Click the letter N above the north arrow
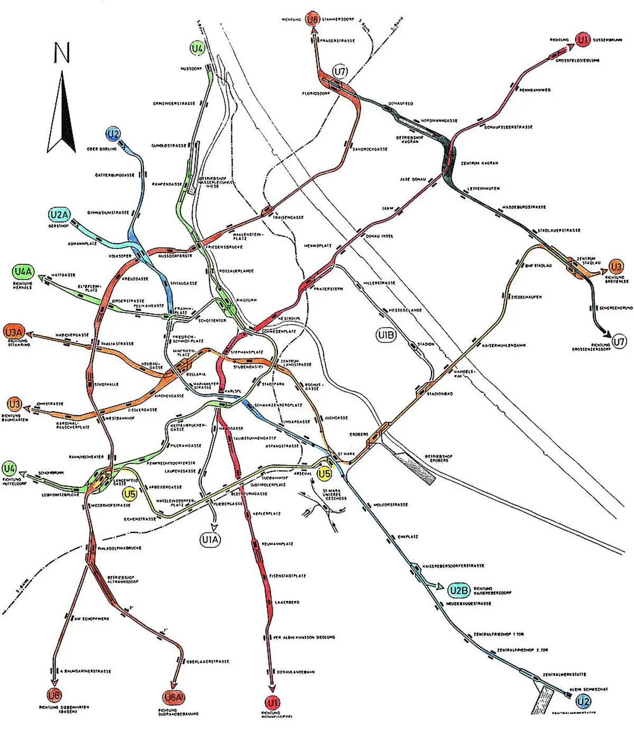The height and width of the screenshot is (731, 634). coord(62,53)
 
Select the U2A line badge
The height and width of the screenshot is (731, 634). coord(59,215)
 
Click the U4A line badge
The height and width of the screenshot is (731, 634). coord(23,272)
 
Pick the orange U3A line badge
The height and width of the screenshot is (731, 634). coord(14,332)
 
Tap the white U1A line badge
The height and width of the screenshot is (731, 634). coord(210,540)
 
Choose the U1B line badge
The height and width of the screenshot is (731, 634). coord(386,335)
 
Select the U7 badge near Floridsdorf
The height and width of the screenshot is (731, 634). coord(340,71)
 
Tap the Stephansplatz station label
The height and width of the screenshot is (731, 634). coord(247,352)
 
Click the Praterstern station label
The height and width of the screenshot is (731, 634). coord(328,289)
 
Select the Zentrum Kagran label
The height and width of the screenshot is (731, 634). coord(479,163)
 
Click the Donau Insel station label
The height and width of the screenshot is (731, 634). coord(379,236)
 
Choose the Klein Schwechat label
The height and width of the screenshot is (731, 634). coord(589,689)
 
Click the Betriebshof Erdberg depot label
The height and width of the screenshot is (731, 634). coord(439,458)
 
